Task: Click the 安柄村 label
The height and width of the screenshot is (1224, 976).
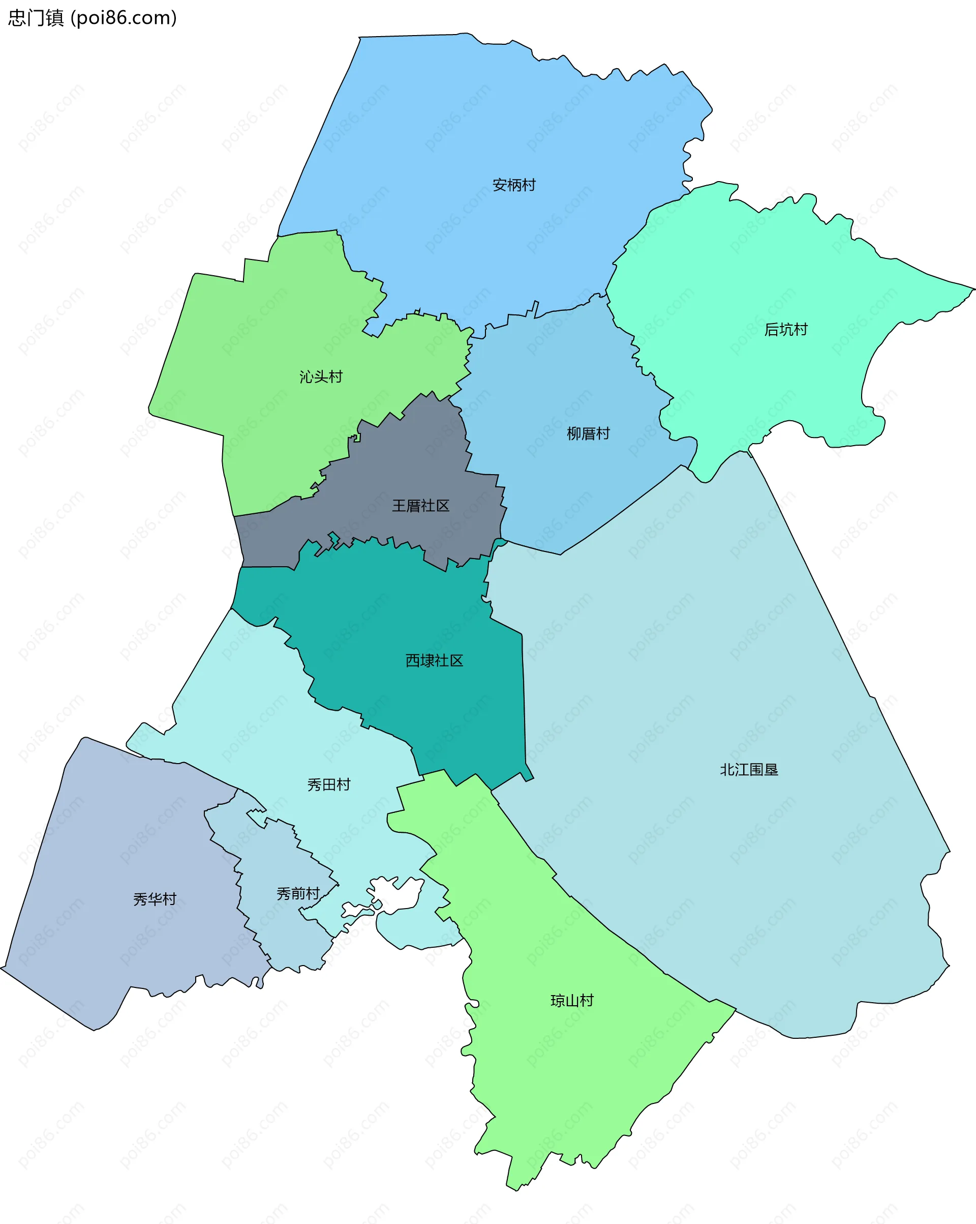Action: [x=513, y=185]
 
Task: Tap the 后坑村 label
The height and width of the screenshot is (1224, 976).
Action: [x=785, y=330]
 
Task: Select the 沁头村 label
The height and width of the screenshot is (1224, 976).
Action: [x=321, y=377]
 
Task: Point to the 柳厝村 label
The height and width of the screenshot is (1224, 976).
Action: [x=588, y=434]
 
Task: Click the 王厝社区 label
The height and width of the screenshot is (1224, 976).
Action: [x=420, y=506]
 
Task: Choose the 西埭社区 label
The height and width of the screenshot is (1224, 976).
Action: [x=434, y=660]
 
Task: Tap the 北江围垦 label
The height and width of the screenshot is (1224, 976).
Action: [x=748, y=770]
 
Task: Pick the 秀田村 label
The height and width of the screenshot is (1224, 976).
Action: [x=328, y=784]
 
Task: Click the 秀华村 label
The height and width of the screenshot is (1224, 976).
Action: [x=155, y=899]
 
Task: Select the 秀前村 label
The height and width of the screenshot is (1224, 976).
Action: [x=298, y=894]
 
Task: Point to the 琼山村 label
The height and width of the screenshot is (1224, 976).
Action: [x=572, y=1000]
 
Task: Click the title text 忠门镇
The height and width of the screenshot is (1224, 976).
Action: [x=35, y=18]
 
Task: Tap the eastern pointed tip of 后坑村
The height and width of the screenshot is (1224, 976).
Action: [x=972, y=289]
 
